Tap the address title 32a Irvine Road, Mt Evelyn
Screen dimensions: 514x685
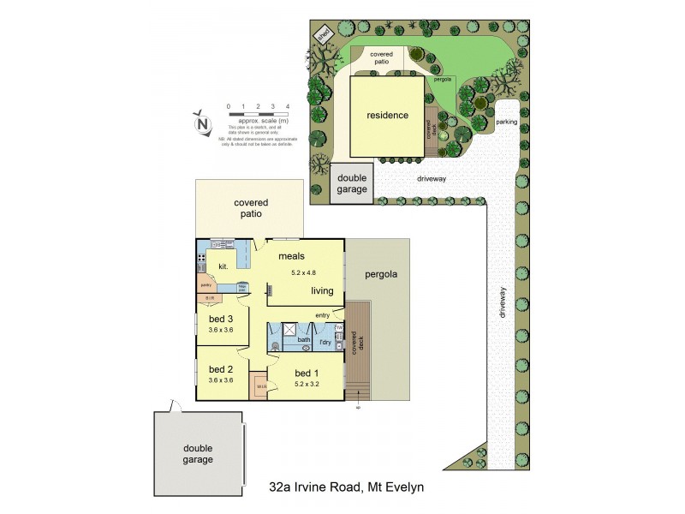[346, 487]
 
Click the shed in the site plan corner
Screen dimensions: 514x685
[323, 35]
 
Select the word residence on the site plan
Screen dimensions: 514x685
[388, 116]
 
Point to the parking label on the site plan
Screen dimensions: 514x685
[507, 122]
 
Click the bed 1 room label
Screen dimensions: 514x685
[307, 373]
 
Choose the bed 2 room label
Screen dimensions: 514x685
[221, 369]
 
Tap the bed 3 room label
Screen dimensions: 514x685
[221, 319]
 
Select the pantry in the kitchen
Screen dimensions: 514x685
[205, 284]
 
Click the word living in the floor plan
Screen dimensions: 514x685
[322, 291]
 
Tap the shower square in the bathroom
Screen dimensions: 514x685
[290, 329]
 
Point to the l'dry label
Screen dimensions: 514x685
[325, 343]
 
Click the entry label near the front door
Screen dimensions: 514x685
[322, 315]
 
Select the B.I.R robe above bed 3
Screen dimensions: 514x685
[209, 298]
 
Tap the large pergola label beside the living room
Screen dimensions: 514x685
[381, 275]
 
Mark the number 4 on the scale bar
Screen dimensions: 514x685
[288, 106]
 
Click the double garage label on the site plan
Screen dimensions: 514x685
[352, 183]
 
